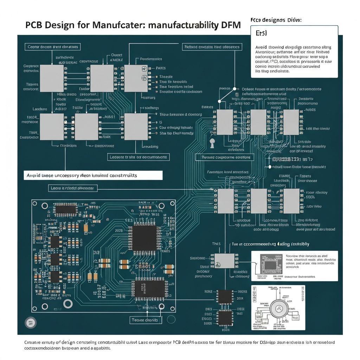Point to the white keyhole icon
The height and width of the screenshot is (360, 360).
click(x=212, y=143)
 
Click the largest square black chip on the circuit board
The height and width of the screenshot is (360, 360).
click(x=144, y=238)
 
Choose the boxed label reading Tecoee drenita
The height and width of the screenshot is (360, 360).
click(x=146, y=320)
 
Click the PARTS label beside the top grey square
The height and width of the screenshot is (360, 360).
click(x=160, y=68)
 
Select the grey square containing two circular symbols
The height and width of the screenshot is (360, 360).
click(x=136, y=78)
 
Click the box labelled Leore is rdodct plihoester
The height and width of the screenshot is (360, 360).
click(x=72, y=188)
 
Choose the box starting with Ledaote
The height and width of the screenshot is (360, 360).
click(x=138, y=157)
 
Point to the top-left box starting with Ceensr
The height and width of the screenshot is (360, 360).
click(x=53, y=46)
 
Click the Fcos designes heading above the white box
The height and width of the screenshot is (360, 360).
click(x=276, y=20)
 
